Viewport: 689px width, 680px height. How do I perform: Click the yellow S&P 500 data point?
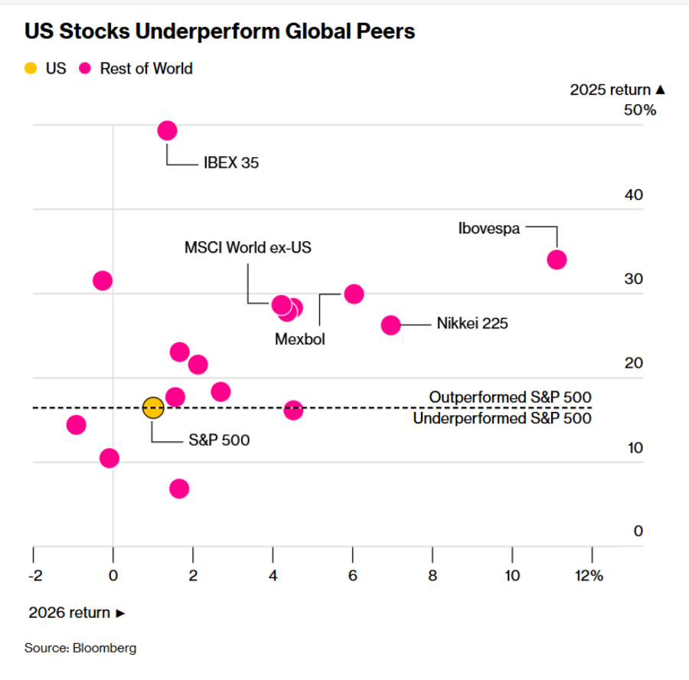[x=153, y=407]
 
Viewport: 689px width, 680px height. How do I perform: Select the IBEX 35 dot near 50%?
[x=167, y=131]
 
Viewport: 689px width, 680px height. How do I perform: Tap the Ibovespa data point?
[x=557, y=260]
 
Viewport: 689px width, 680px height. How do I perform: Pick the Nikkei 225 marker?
[x=390, y=325]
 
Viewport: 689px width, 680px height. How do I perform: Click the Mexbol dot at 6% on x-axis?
[x=354, y=293]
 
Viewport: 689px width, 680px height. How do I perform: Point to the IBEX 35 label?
[x=231, y=163]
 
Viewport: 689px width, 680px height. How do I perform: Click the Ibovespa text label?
[x=488, y=227]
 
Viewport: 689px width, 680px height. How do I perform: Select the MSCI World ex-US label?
[x=248, y=248]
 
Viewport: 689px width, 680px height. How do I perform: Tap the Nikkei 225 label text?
[x=472, y=324]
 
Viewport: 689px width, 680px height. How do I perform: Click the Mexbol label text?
[x=300, y=339]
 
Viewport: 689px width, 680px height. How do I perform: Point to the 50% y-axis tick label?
[x=640, y=110]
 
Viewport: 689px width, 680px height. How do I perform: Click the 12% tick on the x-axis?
[x=590, y=576]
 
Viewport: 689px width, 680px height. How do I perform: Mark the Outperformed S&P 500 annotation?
[x=510, y=397]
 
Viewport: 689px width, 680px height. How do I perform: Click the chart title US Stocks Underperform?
[x=220, y=31]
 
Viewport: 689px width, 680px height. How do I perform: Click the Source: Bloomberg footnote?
[x=80, y=649]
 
